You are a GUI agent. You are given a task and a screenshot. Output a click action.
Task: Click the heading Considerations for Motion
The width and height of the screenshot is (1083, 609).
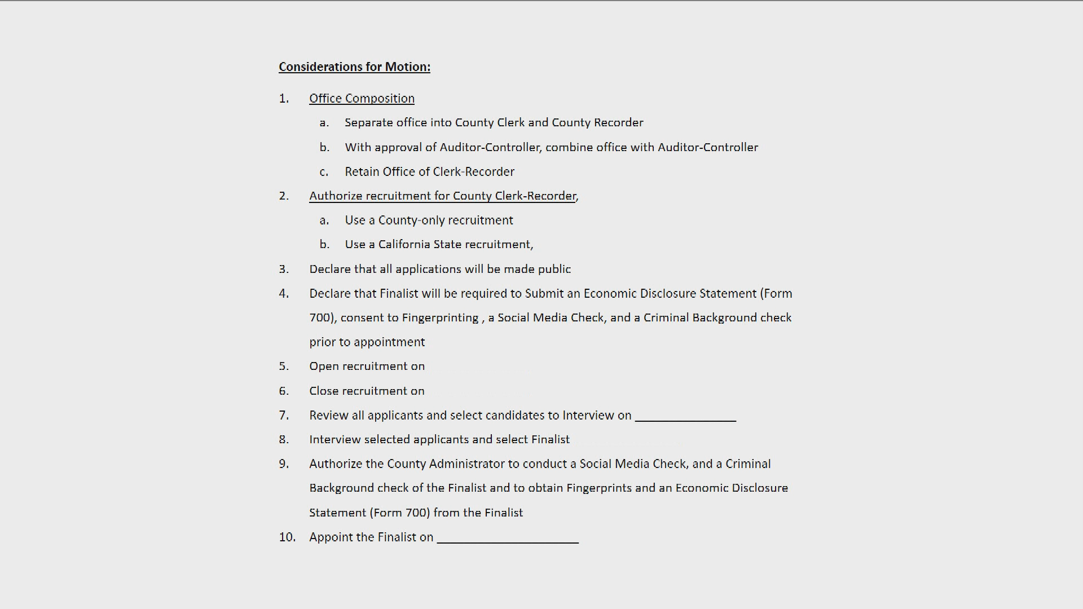pos(354,67)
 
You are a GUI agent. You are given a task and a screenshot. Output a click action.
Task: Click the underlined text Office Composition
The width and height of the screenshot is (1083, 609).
pos(362,99)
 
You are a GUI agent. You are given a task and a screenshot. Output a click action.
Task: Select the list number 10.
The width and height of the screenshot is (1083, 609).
pos(287,537)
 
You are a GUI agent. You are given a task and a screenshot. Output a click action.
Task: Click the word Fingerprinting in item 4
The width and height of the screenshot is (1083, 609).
pos(440,318)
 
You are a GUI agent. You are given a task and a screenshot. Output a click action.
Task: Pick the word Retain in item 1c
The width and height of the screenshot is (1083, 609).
pos(362,172)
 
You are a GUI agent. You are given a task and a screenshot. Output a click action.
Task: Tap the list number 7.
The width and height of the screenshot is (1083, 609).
pos(284,416)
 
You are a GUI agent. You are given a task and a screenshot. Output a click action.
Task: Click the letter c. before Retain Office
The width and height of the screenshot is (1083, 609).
pos(324,172)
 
